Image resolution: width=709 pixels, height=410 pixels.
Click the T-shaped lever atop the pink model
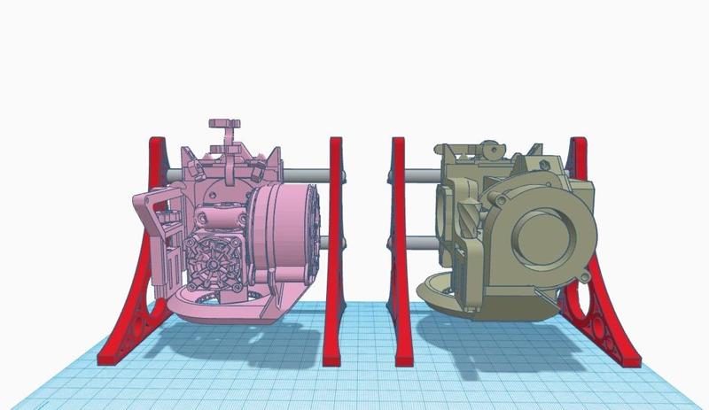tap(222, 128)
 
